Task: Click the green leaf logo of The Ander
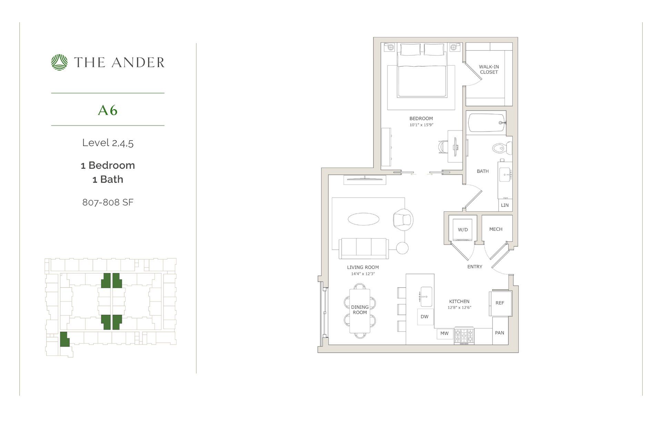point(59,62)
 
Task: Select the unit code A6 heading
point(108,110)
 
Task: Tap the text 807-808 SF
point(108,202)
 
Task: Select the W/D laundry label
point(463,230)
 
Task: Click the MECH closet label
point(495,229)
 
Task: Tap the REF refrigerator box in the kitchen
point(500,303)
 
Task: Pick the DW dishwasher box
point(424,317)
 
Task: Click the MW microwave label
point(444,333)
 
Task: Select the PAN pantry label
point(500,333)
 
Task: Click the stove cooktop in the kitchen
point(464,336)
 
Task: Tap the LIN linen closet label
point(505,205)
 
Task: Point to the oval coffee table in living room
point(363,219)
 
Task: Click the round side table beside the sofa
point(402,248)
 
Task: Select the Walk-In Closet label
point(489,69)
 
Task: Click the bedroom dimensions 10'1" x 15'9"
point(421,125)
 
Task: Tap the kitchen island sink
point(426,296)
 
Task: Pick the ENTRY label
point(474,267)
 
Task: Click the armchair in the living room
point(403,219)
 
